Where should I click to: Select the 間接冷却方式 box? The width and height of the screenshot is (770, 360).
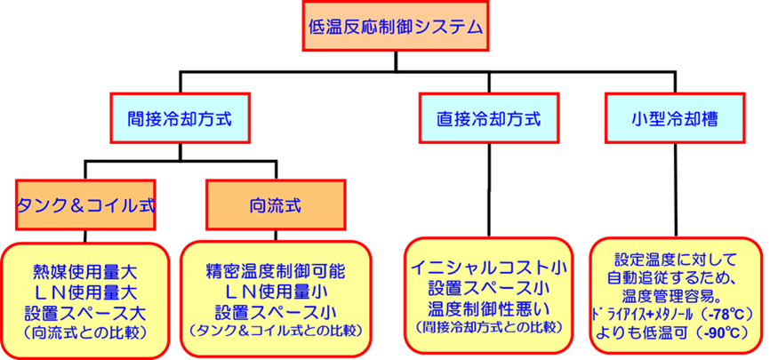point(180,117)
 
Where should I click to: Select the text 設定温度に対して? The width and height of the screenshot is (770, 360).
point(677,260)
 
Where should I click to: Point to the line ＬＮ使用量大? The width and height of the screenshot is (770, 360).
point(85,292)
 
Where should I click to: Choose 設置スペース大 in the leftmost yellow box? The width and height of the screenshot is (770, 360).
point(85,312)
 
